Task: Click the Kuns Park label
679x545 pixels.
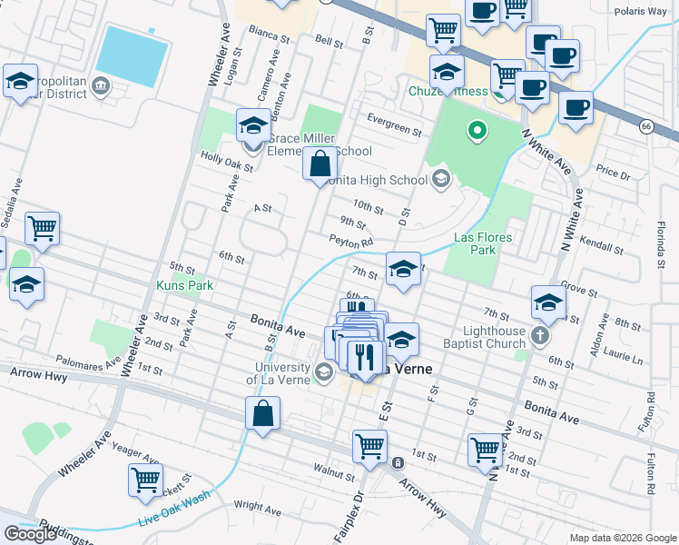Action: coord(184,285)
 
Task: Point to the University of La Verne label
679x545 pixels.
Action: coord(279,373)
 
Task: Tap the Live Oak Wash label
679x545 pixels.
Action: coord(173,510)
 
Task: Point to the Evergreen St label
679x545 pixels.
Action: coord(395,124)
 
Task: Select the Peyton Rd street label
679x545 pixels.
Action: coord(351,243)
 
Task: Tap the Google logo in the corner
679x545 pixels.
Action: coord(30,534)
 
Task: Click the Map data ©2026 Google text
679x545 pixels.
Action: coord(622,538)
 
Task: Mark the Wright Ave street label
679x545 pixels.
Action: coord(256,505)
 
